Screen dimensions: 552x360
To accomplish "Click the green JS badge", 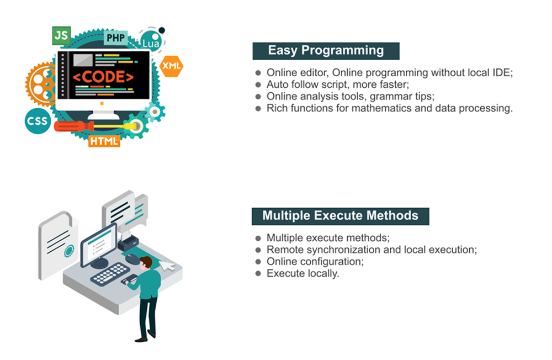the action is click(61, 35).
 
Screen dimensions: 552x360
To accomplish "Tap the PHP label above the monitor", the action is click(115, 38).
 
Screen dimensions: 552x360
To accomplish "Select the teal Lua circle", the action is click(151, 41).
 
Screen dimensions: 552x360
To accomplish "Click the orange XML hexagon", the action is click(172, 66).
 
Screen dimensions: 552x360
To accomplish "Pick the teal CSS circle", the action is click(38, 121).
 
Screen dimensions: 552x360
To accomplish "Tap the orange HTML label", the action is click(104, 141).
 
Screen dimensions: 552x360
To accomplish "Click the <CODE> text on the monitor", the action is click(103, 77).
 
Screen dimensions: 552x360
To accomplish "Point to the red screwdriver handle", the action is click(73, 126).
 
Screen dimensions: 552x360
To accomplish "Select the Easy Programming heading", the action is click(326, 51).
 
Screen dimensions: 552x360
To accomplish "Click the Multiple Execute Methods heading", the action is click(341, 216).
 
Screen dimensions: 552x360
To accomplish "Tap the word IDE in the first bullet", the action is click(502, 72).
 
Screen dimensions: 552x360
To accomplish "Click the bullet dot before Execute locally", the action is click(258, 273).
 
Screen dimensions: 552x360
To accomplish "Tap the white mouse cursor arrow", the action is click(167, 266).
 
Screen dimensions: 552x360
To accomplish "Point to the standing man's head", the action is click(146, 262).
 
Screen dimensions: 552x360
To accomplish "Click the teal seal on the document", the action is click(69, 251).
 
